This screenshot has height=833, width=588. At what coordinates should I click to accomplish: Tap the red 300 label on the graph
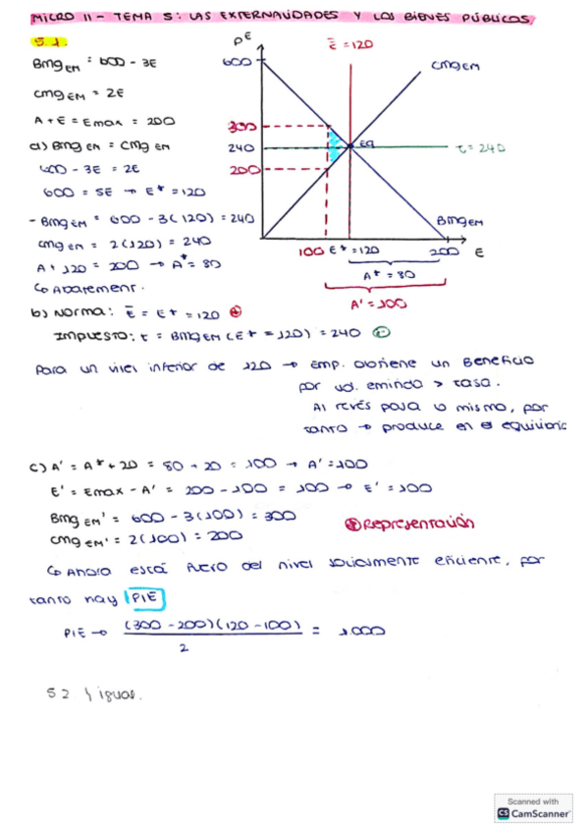(x=240, y=128)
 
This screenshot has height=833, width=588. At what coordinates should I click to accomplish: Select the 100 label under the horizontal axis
(x=310, y=250)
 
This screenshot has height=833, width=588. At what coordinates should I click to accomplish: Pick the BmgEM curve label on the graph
(x=459, y=222)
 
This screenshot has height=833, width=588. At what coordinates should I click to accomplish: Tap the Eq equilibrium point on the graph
(x=365, y=143)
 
